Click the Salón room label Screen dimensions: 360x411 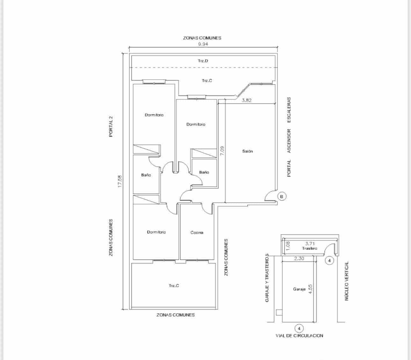coord(247,151)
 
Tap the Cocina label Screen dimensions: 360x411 coord(197,233)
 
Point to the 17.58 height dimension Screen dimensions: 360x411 coord(120,181)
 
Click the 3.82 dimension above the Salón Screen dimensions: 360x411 coord(247,100)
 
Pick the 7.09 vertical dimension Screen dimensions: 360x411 coord(222,150)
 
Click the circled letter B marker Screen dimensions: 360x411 coord(282,197)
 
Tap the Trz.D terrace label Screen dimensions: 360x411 coord(203,61)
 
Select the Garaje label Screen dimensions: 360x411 coord(299,289)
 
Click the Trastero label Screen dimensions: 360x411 coord(309,248)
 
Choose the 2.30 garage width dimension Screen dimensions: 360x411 coord(299,259)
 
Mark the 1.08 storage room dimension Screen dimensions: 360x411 coord(288,246)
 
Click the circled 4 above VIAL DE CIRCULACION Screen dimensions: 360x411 coord(299,328)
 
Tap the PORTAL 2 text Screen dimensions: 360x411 coord(111,126)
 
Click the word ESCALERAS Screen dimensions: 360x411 coord(289,110)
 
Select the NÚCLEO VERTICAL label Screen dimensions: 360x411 coord(347,281)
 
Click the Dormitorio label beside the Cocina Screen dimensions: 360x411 coord(156,232)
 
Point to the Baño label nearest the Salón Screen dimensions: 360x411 coord(204,172)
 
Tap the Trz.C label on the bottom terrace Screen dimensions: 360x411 coord(174,285)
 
